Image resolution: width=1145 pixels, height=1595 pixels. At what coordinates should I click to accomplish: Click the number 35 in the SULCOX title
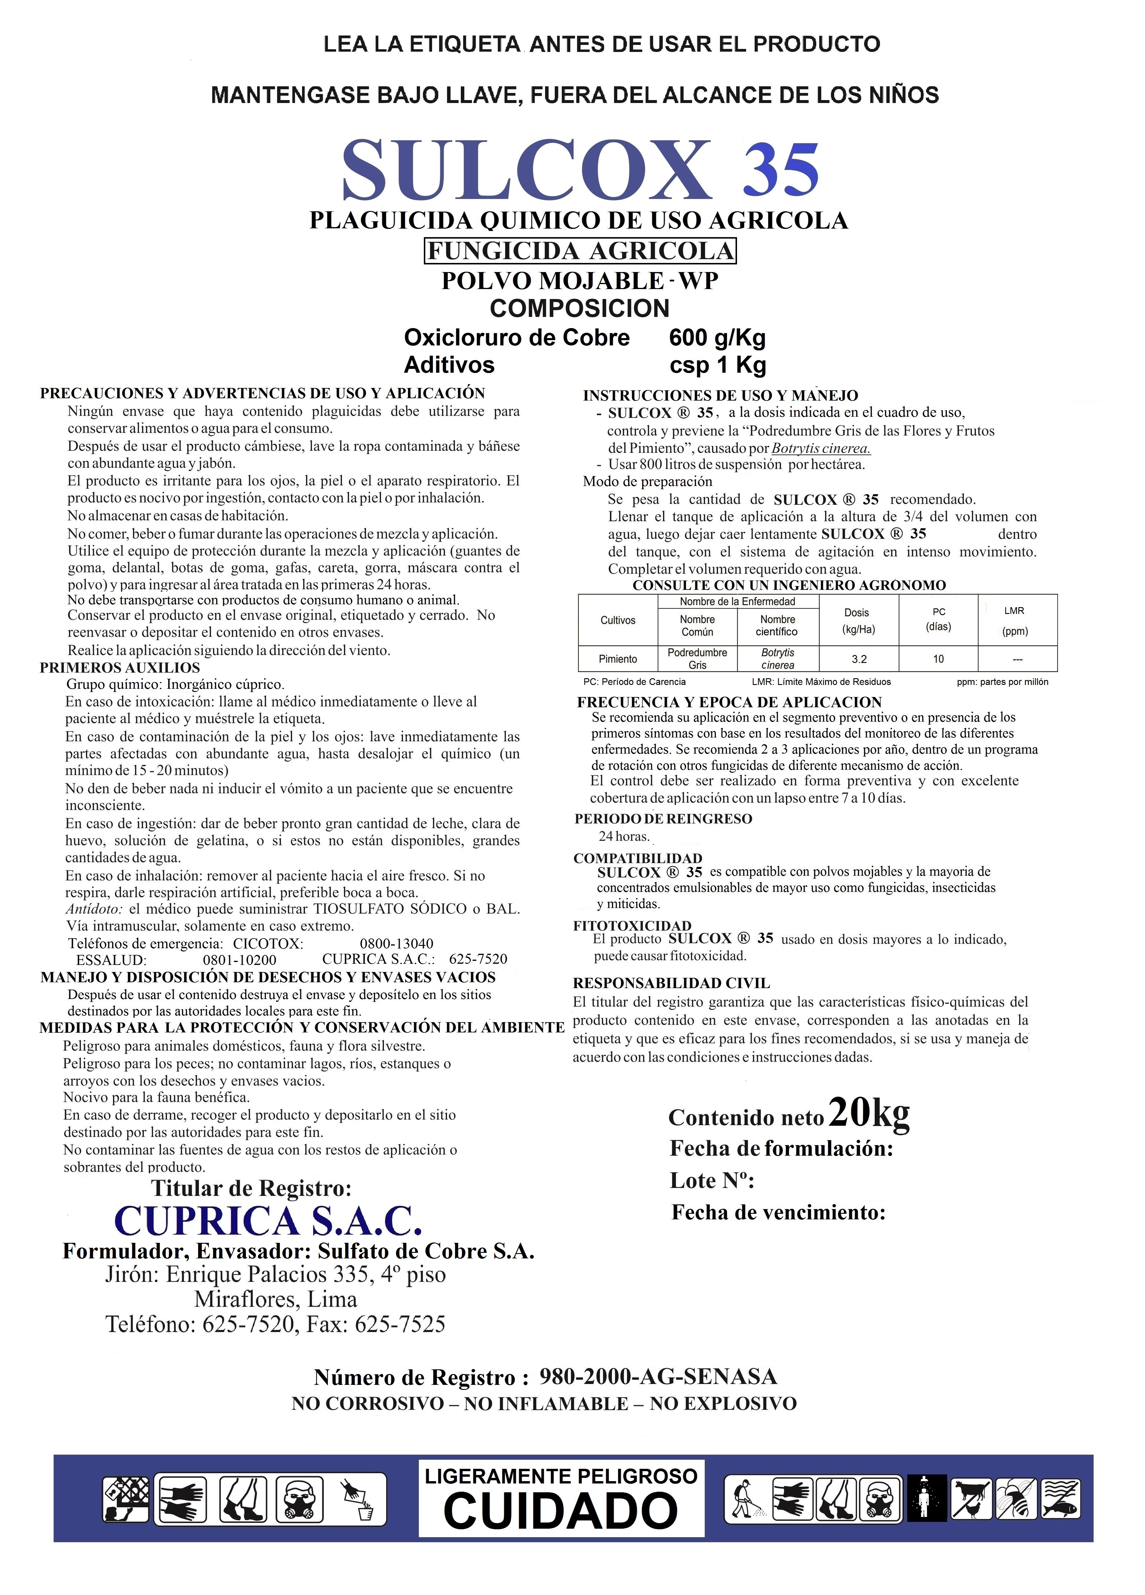click(781, 171)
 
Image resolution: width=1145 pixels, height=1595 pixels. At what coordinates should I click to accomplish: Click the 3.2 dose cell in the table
click(859, 659)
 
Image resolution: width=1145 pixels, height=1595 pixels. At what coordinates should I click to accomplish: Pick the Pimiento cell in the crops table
click(618, 659)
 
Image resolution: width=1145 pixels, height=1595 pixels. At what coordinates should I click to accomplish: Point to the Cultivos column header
click(618, 620)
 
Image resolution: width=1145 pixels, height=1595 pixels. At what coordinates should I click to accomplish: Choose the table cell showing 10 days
click(938, 659)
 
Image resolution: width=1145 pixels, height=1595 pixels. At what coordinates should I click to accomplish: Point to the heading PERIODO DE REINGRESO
click(663, 818)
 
